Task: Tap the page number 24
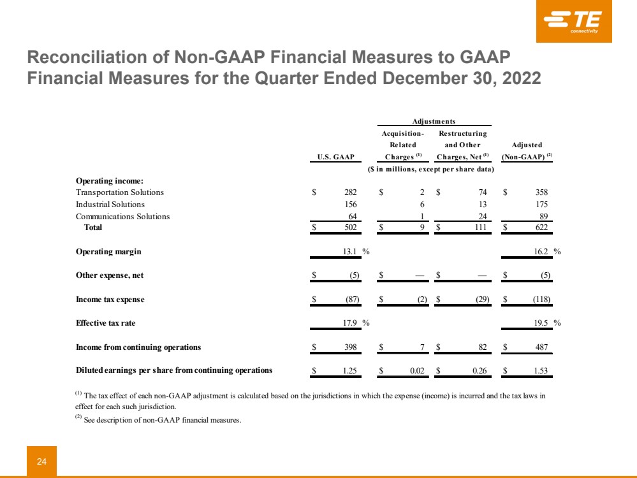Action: (x=41, y=462)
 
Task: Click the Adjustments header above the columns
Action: (x=434, y=121)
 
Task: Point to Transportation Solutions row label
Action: (x=120, y=192)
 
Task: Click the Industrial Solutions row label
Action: (x=110, y=205)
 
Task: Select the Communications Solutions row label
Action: (x=123, y=216)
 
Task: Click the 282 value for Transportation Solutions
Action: (x=350, y=192)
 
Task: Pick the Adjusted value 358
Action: (x=541, y=192)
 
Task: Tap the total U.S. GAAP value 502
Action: (x=350, y=228)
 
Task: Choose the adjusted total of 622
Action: (x=541, y=228)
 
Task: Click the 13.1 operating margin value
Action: (x=351, y=251)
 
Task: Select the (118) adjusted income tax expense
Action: (x=540, y=299)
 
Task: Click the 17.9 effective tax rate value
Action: (x=351, y=322)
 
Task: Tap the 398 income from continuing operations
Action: (x=350, y=347)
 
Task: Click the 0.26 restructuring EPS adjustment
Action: (x=479, y=370)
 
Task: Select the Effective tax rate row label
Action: (x=105, y=322)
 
